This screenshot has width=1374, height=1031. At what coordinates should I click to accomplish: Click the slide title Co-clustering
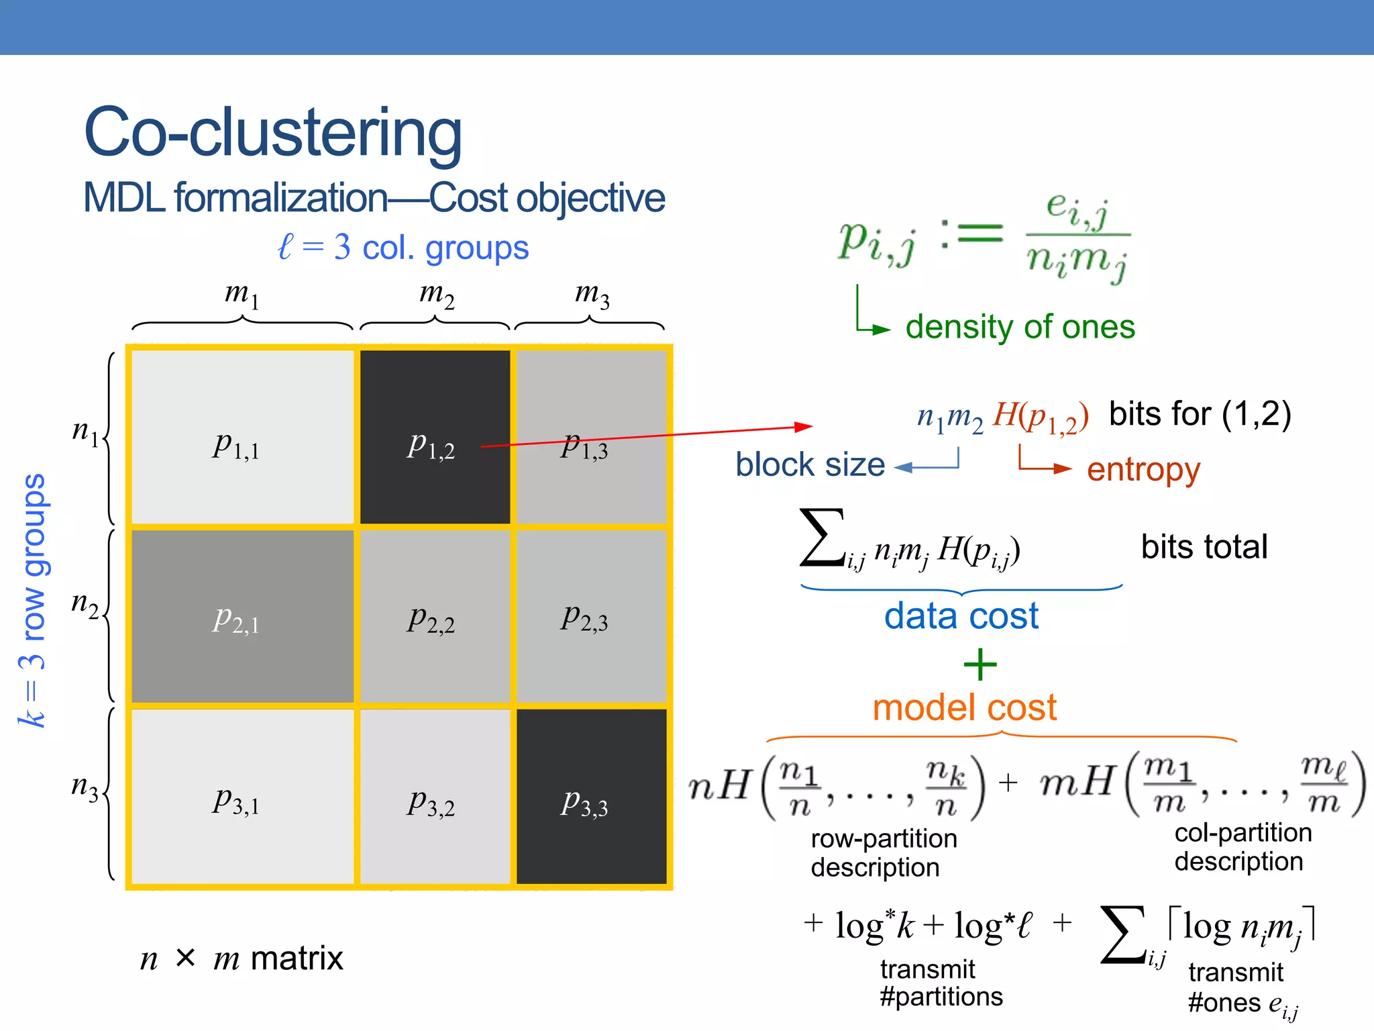tap(272, 132)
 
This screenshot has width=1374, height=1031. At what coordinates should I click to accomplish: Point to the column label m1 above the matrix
tap(242, 294)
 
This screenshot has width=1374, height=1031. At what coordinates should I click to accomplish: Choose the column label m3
tap(592, 294)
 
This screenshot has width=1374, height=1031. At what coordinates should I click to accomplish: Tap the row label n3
tap(85, 787)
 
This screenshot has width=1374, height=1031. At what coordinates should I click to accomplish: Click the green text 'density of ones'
tap(1020, 327)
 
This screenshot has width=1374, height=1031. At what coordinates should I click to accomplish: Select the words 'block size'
tap(810, 464)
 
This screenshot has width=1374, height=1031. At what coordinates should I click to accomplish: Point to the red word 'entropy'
tap(1143, 469)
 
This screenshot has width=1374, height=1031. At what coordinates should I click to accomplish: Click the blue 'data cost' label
tap(961, 616)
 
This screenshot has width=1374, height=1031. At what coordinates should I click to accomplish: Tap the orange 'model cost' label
tap(964, 707)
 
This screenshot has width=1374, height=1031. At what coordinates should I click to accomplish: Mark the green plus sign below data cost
tap(980, 665)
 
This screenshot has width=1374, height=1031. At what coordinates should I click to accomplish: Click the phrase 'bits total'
tap(1204, 546)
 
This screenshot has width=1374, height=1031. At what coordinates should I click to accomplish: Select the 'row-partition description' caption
tap(882, 852)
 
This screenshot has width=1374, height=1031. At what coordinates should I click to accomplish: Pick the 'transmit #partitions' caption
tap(941, 983)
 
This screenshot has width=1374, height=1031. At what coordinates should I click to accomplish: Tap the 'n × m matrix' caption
tap(242, 958)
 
